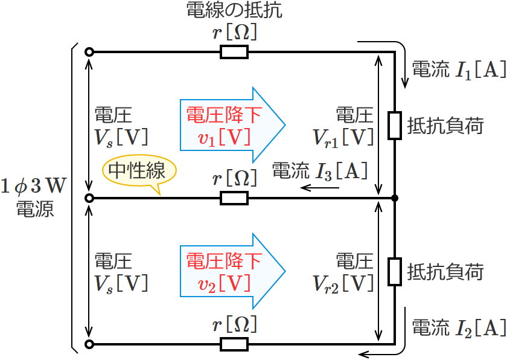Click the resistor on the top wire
point(234,53)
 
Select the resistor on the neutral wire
point(234,198)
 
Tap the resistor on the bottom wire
point(234,345)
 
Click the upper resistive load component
point(395,125)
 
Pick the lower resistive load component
point(395,272)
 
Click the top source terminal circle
point(89,53)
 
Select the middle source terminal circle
point(89,198)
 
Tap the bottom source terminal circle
point(89,345)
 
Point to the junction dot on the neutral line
point(395,198)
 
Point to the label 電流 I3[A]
point(320,172)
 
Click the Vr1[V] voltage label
point(343,138)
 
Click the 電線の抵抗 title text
point(235,10)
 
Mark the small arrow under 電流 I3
point(320,188)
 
